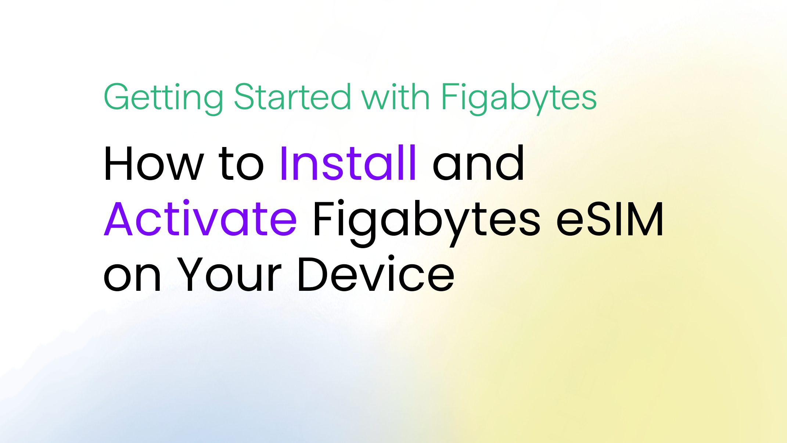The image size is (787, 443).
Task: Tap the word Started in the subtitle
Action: (292, 96)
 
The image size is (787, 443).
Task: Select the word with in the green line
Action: (396, 96)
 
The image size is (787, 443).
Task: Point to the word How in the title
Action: (154, 163)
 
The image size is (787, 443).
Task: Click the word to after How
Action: (241, 164)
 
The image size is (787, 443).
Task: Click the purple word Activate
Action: (200, 218)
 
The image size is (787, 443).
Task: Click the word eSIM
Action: (610, 219)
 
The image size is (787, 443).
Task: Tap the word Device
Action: (377, 274)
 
